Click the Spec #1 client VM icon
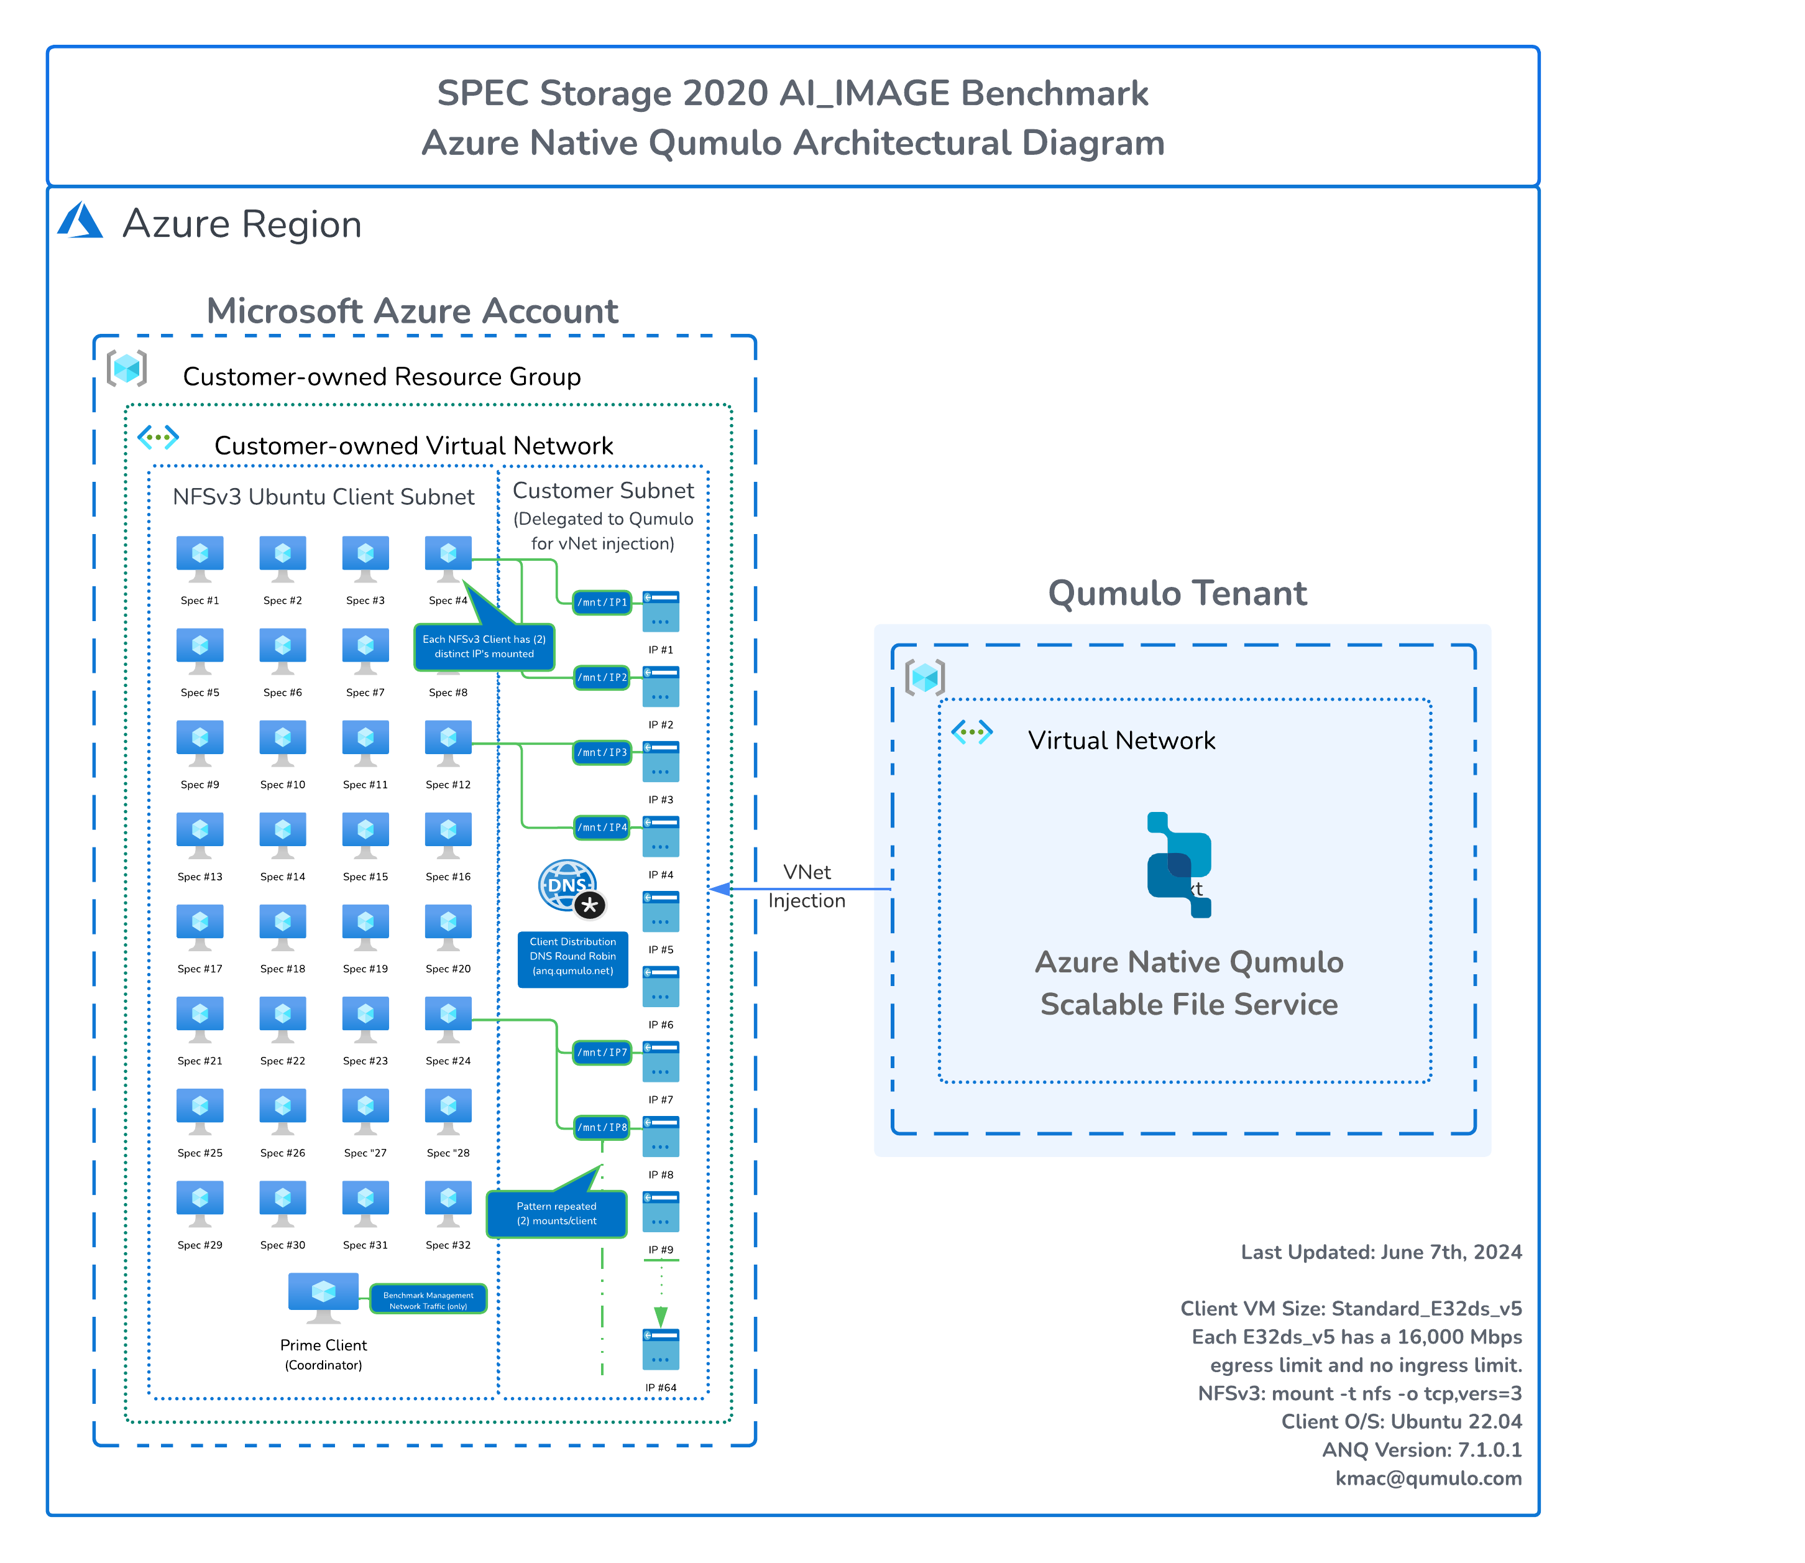click(200, 558)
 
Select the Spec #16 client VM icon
click(448, 835)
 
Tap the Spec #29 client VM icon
click(200, 1203)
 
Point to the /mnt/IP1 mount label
click(602, 602)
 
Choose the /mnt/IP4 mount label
click(602, 828)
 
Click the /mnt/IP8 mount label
click(602, 1128)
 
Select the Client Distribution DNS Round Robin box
click(573, 957)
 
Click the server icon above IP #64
click(661, 1349)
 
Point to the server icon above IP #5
click(661, 911)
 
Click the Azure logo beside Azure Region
click(80, 221)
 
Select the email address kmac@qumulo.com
click(1428, 1478)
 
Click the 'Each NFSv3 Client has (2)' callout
click(484, 647)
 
